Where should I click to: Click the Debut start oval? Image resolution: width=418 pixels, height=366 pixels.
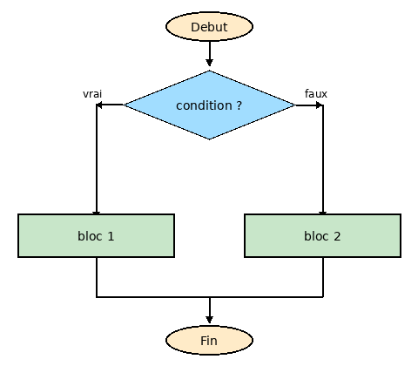pos(209,27)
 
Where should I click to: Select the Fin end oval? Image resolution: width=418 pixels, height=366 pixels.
pos(209,340)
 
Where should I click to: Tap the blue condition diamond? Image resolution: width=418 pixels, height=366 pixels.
pos(209,105)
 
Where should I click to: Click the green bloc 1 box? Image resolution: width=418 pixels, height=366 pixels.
pos(96,235)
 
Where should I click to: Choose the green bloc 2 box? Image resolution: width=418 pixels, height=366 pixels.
pos(322,235)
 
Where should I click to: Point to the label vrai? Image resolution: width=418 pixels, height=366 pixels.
pos(92,93)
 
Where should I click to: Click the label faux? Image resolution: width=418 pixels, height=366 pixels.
pos(316,93)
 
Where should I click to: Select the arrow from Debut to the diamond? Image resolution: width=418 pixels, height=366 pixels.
pos(209,54)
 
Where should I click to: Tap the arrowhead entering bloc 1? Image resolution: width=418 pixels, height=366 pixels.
pos(96,210)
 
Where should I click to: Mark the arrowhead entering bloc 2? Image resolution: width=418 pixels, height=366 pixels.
pos(322,210)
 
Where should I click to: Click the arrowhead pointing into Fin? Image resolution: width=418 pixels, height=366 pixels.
pos(209,320)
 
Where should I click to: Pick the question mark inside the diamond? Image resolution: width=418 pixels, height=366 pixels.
pos(239,105)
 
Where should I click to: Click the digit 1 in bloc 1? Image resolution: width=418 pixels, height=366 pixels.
pos(111,235)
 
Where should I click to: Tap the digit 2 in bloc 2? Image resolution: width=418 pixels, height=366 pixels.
pos(337,235)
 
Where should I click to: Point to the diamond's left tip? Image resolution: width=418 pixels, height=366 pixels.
pos(125,105)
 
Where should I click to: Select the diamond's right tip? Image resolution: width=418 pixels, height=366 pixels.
pos(293,105)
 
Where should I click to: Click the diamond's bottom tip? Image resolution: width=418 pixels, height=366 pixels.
pos(209,138)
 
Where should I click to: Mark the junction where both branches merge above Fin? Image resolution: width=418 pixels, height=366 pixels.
pos(209,297)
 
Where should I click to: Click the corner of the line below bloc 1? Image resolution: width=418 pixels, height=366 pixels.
pos(96,297)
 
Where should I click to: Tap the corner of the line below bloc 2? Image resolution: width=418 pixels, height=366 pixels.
pos(322,297)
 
